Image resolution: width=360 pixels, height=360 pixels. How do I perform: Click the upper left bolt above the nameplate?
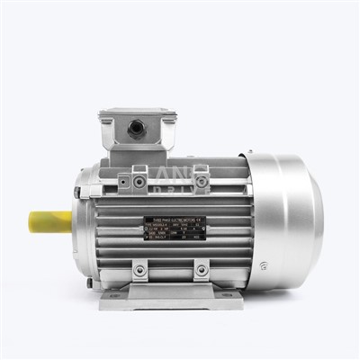[139, 183]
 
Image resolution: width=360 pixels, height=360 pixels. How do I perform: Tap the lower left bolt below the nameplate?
[139, 269]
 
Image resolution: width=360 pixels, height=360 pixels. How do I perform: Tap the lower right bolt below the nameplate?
[201, 269]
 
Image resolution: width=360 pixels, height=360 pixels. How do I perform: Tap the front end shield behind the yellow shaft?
[83, 225]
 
